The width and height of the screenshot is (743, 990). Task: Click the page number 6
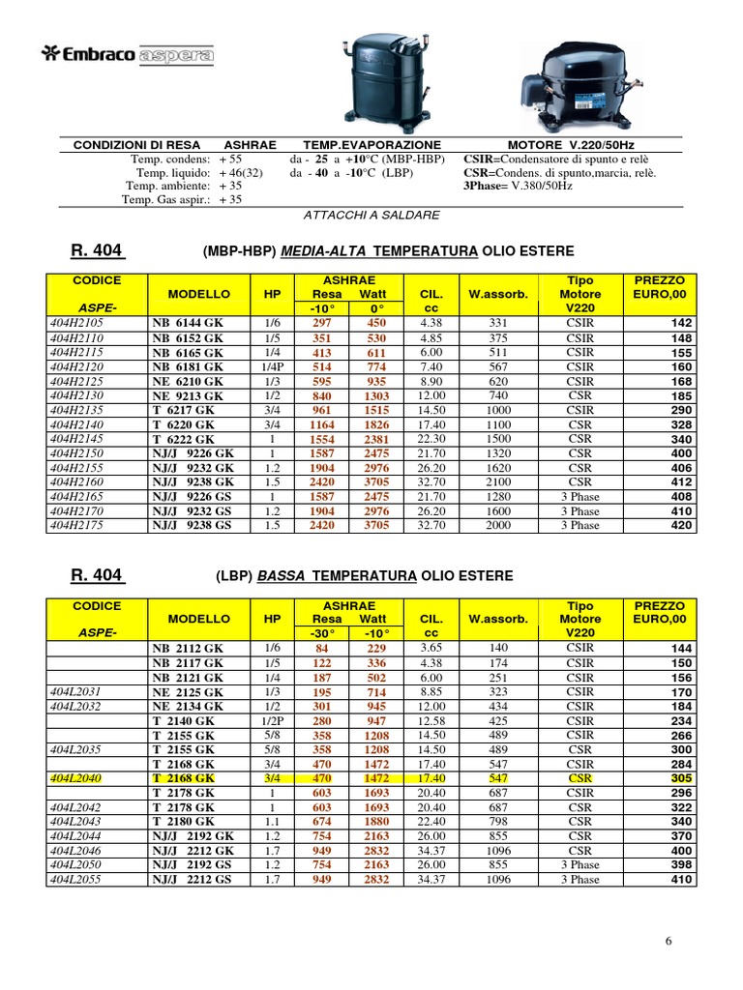668,941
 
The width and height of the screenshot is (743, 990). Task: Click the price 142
682,324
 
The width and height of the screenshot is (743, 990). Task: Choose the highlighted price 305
682,778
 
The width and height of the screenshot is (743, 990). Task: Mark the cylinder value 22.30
431,439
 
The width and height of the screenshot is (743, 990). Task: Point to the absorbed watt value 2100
498,482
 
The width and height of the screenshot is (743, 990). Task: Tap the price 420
682,526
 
